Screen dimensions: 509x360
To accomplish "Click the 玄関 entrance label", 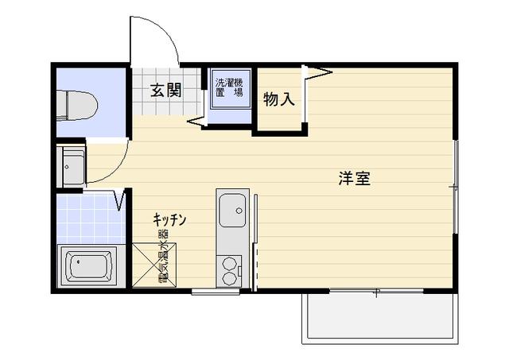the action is [x=166, y=90].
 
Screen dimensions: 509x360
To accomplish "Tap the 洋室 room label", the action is [x=355, y=178].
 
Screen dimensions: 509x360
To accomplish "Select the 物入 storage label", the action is [x=279, y=99].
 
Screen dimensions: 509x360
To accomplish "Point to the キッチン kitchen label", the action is [x=169, y=219].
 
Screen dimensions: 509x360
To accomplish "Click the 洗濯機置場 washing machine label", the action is [x=230, y=87].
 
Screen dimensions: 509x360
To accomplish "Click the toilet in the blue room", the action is [x=77, y=106].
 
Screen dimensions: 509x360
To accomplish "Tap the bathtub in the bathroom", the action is [x=87, y=266].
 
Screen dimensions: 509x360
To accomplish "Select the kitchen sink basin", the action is [x=232, y=210].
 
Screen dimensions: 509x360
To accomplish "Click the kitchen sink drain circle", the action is [x=239, y=211].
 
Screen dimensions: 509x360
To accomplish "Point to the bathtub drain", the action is [x=78, y=261].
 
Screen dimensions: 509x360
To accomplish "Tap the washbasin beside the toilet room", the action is [x=71, y=167].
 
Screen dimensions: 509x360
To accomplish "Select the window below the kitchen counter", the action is [x=216, y=292].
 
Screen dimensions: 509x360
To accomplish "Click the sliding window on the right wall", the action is [x=456, y=187].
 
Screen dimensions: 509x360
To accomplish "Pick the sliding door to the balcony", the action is [x=376, y=291].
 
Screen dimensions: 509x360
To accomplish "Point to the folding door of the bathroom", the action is [x=120, y=199].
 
